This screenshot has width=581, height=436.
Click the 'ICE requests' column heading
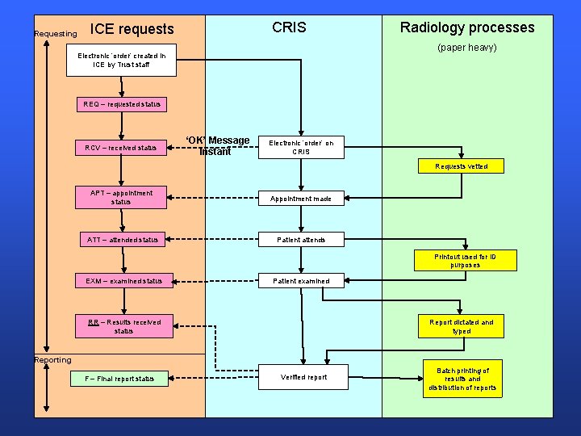tap(132, 29)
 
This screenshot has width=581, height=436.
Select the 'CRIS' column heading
tap(289, 27)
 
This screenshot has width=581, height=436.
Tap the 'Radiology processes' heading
tap(467, 27)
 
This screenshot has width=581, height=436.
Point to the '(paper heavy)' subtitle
tap(466, 48)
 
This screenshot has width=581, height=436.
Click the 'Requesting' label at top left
tap(56, 34)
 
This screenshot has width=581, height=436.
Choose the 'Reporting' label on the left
tap(52, 360)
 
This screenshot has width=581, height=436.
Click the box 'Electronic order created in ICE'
tap(122, 60)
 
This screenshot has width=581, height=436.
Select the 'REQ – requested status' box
tap(122, 104)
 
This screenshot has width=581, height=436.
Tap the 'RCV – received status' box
tap(121, 148)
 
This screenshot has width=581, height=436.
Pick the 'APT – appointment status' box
tap(121, 198)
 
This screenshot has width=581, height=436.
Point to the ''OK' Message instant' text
tap(217, 146)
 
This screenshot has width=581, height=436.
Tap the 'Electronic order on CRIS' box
tap(300, 147)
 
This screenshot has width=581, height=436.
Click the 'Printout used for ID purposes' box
tap(465, 261)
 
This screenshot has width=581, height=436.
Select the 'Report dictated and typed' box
tap(461, 326)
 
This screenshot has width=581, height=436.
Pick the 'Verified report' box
tap(303, 377)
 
